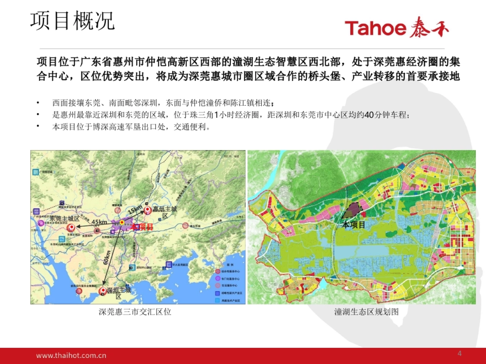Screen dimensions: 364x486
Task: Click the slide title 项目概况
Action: (x=73, y=21)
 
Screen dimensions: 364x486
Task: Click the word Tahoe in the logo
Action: (x=375, y=28)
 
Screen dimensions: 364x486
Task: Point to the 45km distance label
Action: (x=99, y=222)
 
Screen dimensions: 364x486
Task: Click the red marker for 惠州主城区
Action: (x=147, y=210)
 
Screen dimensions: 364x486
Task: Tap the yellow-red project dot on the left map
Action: (x=122, y=222)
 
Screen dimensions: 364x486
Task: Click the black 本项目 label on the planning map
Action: (x=354, y=225)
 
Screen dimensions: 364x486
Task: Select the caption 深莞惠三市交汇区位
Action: (x=135, y=312)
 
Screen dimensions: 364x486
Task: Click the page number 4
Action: (x=459, y=354)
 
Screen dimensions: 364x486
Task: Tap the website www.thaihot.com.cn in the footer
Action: (x=71, y=356)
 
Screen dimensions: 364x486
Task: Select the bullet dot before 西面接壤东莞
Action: (x=38, y=103)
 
